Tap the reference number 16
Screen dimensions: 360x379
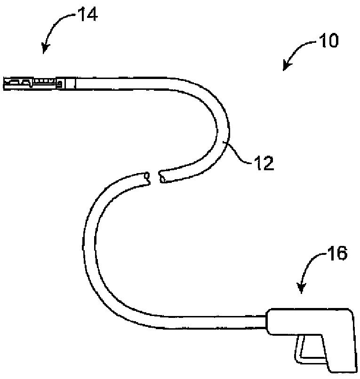coord(337,253)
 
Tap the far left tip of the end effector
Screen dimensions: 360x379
coord(5,83)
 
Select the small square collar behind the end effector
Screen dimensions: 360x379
coord(70,83)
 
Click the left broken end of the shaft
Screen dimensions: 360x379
coord(147,177)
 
